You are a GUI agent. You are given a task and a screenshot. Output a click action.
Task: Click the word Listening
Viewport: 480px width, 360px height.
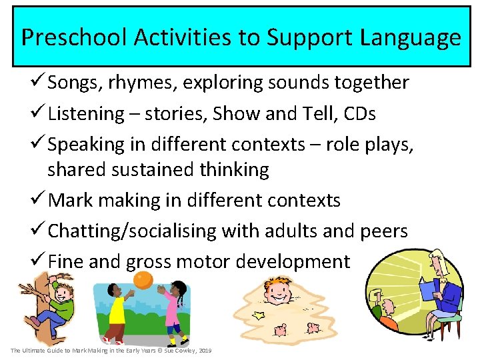86,114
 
